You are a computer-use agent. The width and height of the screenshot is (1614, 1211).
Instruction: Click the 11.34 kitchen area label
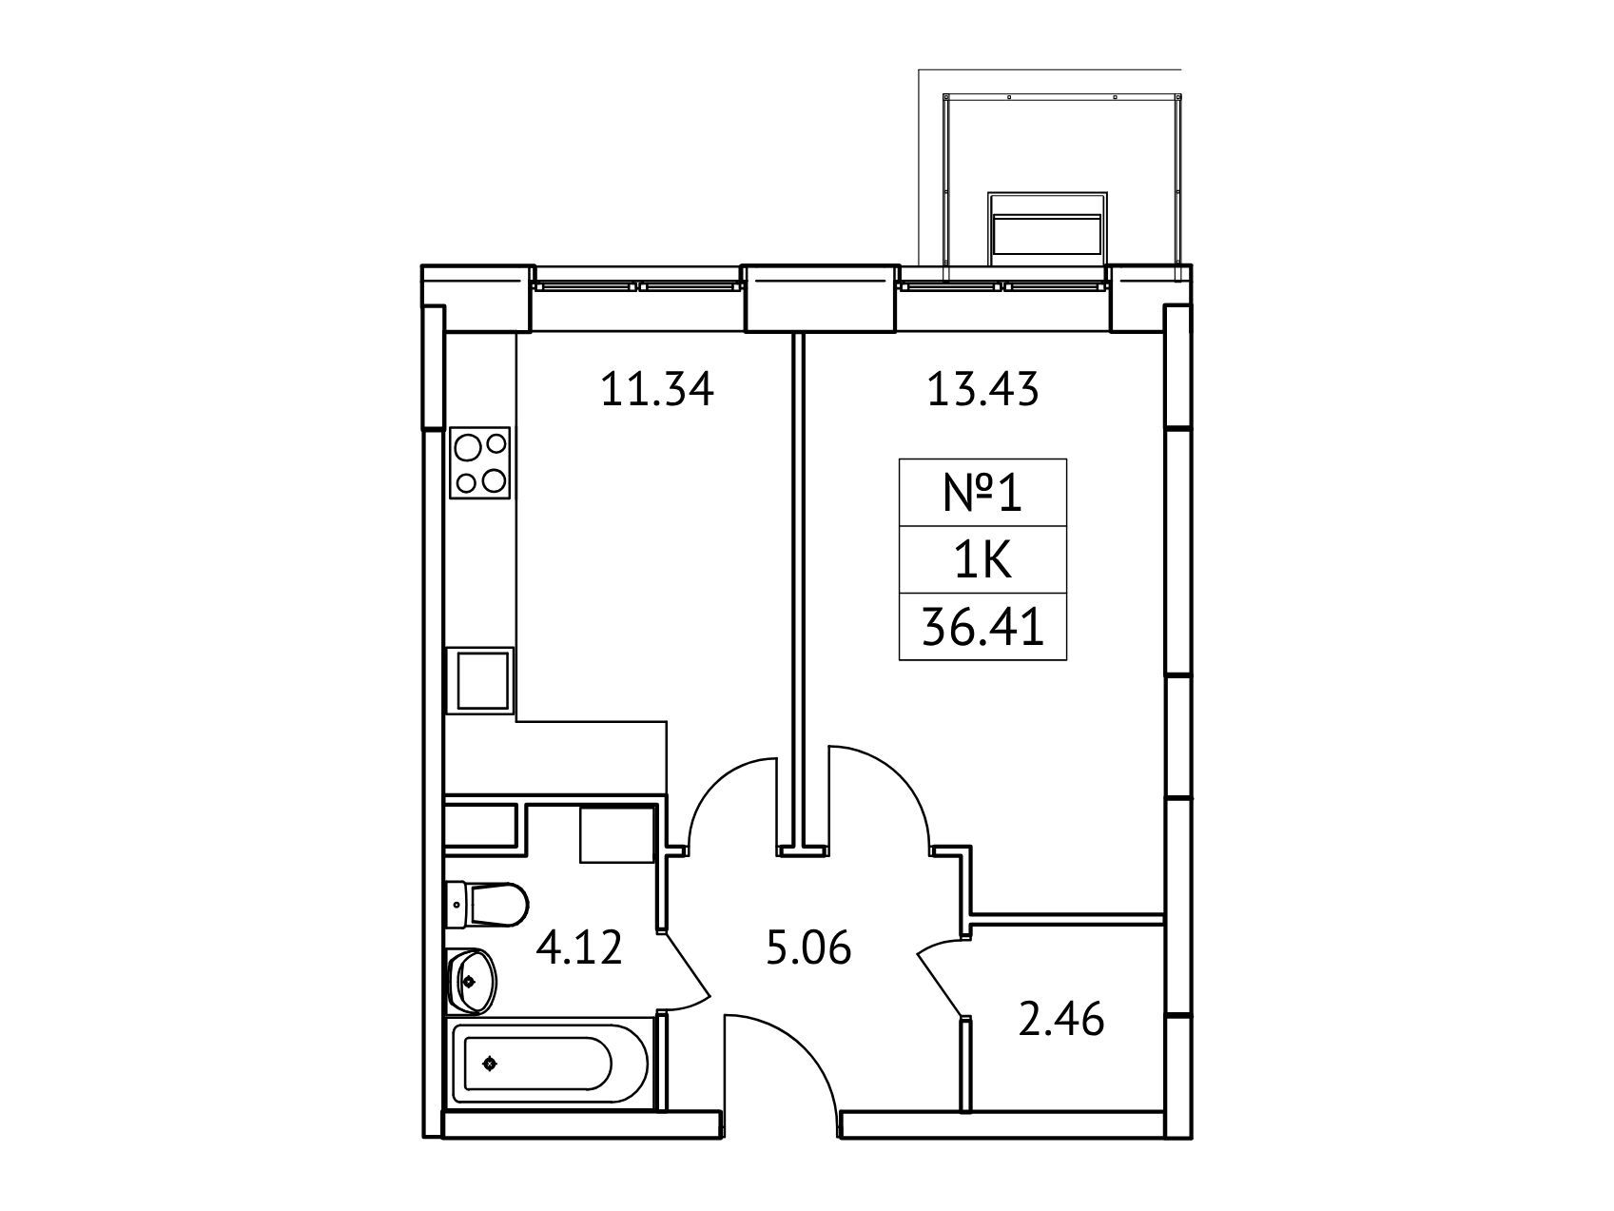[656, 390]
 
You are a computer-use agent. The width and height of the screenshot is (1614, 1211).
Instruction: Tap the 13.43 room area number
[983, 390]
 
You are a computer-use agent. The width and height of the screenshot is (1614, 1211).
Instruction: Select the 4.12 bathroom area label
[579, 947]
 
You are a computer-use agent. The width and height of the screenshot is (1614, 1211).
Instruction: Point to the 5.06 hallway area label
[808, 947]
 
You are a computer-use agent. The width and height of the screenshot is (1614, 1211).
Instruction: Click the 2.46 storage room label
[1061, 1020]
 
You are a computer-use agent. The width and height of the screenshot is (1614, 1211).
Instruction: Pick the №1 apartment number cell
[982, 493]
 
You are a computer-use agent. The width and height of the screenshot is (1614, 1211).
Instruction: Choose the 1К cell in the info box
[982, 559]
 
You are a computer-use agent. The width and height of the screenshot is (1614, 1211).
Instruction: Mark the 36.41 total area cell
[982, 626]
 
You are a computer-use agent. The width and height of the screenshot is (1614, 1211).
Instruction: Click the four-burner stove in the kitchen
[480, 462]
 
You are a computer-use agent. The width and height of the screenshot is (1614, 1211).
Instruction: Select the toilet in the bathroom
[487, 905]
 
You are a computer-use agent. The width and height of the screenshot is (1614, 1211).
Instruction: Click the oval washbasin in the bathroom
[470, 979]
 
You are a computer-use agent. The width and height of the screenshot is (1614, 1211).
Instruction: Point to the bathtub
[551, 1065]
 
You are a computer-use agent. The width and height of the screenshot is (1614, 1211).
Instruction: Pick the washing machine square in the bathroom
[616, 834]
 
